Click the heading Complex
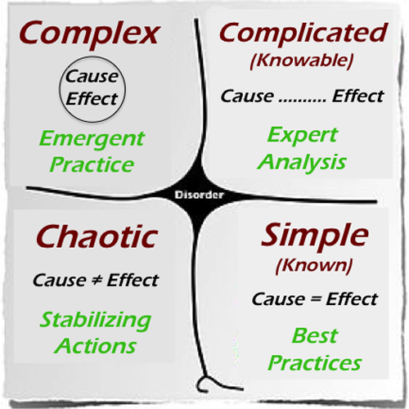click(88, 35)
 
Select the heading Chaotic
click(97, 236)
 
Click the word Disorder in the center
click(200, 195)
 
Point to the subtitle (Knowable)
click(302, 61)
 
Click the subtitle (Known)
click(314, 266)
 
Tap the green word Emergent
click(92, 140)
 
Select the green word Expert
click(303, 136)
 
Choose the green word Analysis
click(302, 163)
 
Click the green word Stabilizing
click(95, 321)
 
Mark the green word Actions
click(95, 346)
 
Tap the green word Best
click(315, 335)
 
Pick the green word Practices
click(315, 363)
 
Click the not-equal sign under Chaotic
click(97, 281)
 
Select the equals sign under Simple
click(316, 299)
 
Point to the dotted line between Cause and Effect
click(302, 101)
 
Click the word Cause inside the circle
click(92, 76)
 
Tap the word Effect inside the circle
click(92, 98)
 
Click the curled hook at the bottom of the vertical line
click(203, 384)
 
